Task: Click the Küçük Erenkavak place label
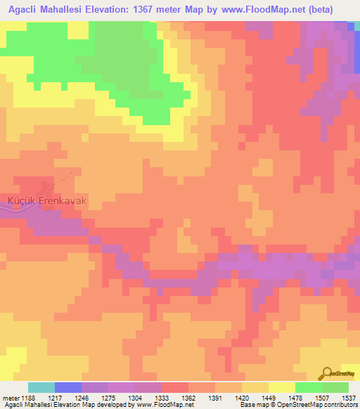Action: point(47,200)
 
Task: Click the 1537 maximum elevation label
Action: point(349,397)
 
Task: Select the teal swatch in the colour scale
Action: point(41,387)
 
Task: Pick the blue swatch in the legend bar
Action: point(68,387)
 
